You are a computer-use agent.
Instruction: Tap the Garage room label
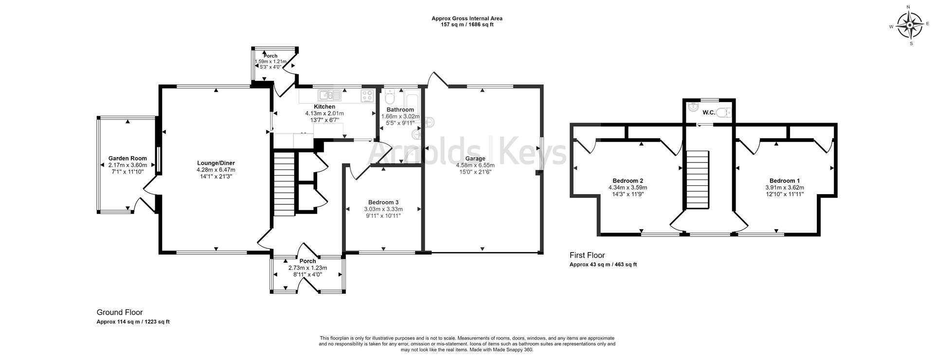tap(475, 159)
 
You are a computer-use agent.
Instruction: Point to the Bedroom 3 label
tap(383, 202)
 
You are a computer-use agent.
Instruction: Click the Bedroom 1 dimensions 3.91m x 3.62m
tap(784, 187)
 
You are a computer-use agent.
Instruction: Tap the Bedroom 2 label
tap(628, 180)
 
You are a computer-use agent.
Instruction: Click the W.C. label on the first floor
tap(708, 113)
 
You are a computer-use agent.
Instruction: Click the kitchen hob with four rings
tap(367, 96)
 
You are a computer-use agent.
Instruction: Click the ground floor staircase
tap(284, 184)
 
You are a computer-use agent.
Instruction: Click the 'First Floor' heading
tap(587, 255)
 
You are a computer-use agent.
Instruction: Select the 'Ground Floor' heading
tap(120, 312)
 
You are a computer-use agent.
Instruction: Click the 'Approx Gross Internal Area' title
tap(467, 18)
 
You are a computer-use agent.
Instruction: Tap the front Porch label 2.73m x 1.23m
tap(307, 268)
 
